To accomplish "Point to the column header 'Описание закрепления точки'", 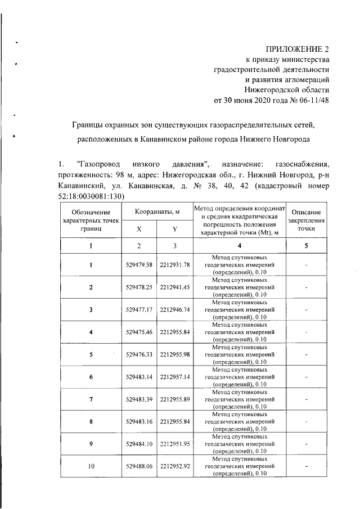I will point(305,220).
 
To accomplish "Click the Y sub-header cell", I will point(175,229).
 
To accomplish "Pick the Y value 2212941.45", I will point(175,287).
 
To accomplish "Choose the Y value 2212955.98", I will point(175,354).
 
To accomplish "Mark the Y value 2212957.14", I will point(175,376).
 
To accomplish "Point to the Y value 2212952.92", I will point(175,466).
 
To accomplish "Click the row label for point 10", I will point(91,466).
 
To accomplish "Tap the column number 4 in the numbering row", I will point(239,246).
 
